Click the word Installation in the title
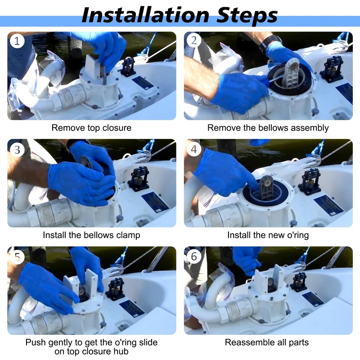pyautogui.click(x=145, y=15)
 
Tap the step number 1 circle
pyautogui.click(x=17, y=41)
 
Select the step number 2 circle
pyautogui.click(x=194, y=40)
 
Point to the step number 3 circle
pyautogui.click(x=17, y=150)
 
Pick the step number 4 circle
pyautogui.click(x=194, y=149)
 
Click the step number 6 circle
pyautogui.click(x=194, y=256)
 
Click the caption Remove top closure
pyautogui.click(x=91, y=128)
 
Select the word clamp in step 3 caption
pyautogui.click(x=128, y=235)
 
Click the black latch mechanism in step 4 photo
pyautogui.click(x=310, y=181)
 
